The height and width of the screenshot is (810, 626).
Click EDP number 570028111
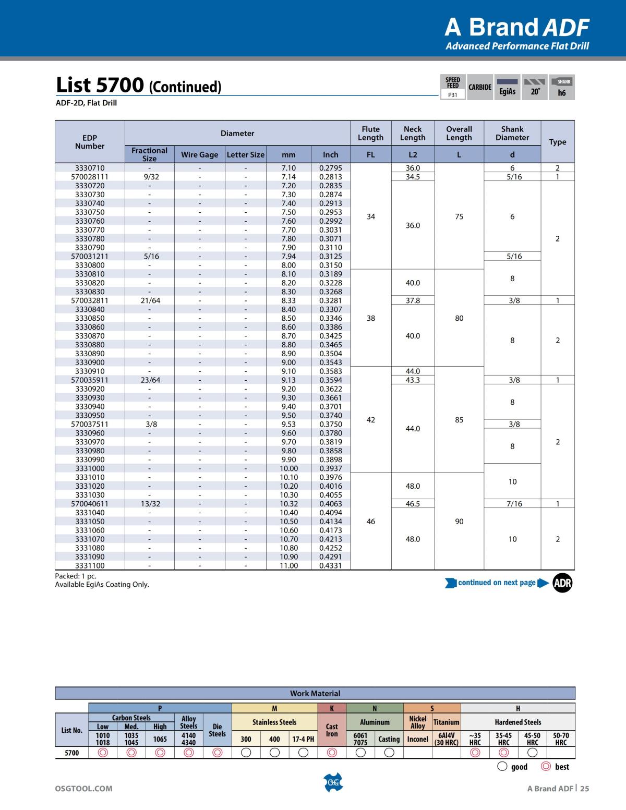[90, 177]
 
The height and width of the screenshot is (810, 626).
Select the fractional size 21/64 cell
[150, 300]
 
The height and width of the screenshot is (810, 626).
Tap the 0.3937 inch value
[330, 468]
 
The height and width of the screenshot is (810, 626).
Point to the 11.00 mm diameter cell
[288, 565]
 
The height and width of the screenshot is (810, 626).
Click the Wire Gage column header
[199, 154]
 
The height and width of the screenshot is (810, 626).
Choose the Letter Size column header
[246, 154]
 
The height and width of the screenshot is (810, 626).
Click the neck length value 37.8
[413, 300]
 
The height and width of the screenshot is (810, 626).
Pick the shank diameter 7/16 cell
[514, 504]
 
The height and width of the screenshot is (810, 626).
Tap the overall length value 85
[459, 420]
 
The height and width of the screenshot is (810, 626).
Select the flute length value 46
[370, 522]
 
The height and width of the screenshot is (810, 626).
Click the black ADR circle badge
[562, 583]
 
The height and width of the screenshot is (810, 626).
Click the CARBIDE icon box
[479, 87]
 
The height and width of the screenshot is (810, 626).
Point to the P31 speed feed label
[453, 95]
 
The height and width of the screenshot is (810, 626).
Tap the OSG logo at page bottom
[333, 782]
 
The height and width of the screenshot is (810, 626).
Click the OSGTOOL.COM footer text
[84, 789]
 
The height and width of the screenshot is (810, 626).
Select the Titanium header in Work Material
[446, 722]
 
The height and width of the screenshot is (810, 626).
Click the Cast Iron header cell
[332, 730]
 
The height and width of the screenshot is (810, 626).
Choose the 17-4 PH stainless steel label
[303, 739]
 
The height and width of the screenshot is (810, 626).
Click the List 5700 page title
[139, 85]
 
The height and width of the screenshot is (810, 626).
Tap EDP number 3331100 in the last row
[90, 565]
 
